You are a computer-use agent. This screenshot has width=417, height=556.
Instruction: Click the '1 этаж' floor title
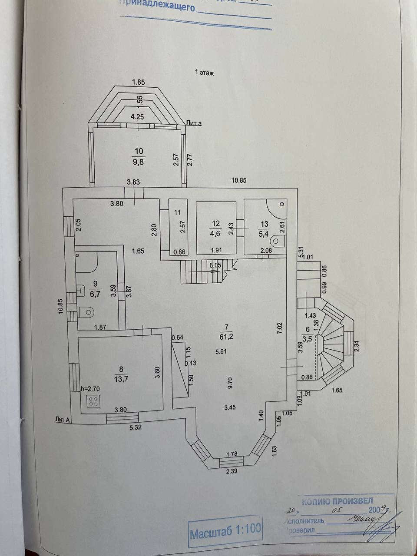[x=204, y=73]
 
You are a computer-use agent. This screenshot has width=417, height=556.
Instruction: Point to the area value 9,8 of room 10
[x=139, y=161]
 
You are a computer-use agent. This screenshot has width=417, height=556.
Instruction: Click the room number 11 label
[x=177, y=212]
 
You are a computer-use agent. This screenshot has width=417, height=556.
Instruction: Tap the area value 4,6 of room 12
[x=216, y=233]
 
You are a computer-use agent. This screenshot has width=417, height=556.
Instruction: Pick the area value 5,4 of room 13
[x=264, y=233]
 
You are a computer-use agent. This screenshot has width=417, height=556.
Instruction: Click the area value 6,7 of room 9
[x=96, y=294]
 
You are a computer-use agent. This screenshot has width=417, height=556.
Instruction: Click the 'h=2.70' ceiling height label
[x=91, y=389]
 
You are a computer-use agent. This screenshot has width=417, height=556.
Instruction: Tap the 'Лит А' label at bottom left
[x=63, y=419]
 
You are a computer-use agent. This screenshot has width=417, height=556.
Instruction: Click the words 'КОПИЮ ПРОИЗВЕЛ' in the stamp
[x=337, y=500]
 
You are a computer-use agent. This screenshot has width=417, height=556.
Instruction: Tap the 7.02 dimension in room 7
[x=280, y=328]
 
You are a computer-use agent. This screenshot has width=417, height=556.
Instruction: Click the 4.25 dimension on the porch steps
[x=137, y=116]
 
